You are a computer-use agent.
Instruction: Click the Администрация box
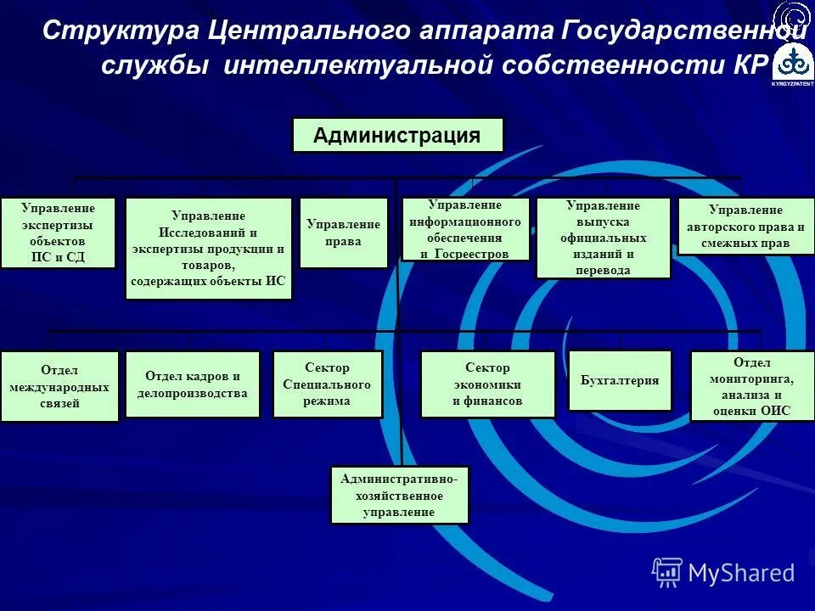tap(397, 135)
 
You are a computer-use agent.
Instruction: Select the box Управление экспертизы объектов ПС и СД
tap(58, 233)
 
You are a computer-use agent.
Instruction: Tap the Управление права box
tap(344, 233)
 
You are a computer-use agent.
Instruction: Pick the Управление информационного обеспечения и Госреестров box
tap(465, 229)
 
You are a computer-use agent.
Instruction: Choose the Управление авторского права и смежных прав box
tap(746, 226)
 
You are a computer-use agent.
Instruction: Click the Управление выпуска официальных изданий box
tap(603, 238)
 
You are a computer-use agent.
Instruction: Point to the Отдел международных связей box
tap(59, 386)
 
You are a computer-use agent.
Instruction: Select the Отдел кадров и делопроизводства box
tap(193, 384)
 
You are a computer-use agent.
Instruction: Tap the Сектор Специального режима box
tap(327, 384)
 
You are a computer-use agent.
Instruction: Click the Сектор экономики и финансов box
tap(487, 384)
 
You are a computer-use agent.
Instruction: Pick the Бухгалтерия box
tap(620, 380)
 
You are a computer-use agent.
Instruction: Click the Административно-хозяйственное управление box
tap(399, 496)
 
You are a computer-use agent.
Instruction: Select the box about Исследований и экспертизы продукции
tap(209, 249)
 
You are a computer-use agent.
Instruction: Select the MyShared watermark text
tap(741, 573)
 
